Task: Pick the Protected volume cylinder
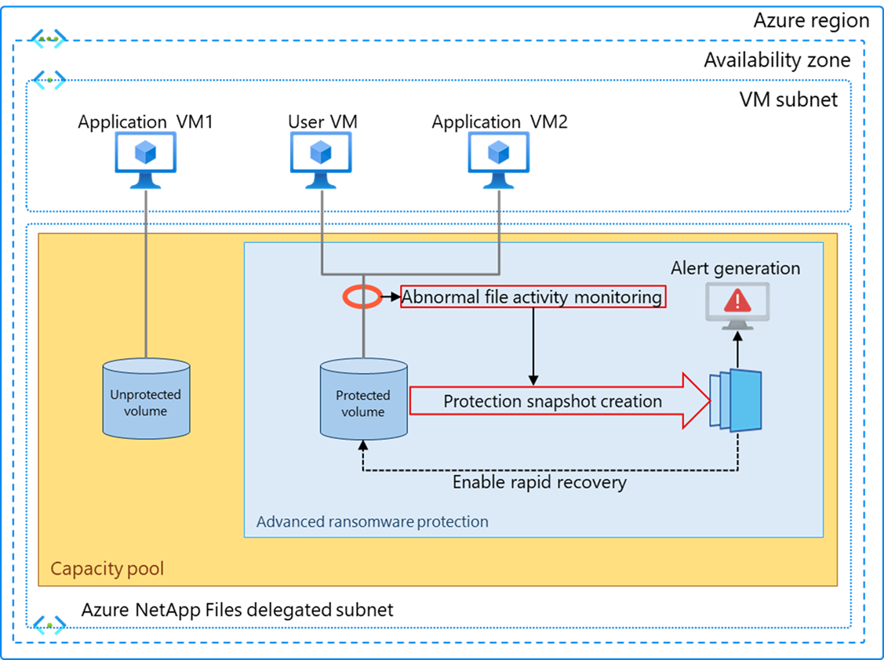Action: click(x=363, y=400)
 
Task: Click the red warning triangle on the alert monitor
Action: click(x=736, y=300)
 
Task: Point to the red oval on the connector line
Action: click(x=362, y=296)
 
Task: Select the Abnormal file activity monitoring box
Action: click(x=533, y=297)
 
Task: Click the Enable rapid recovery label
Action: click(x=540, y=481)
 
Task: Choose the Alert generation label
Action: click(x=735, y=268)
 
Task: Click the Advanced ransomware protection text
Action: click(x=373, y=521)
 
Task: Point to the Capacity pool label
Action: click(x=107, y=568)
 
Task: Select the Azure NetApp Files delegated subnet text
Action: click(x=238, y=609)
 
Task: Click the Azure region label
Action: click(x=811, y=20)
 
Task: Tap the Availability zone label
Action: click(x=777, y=60)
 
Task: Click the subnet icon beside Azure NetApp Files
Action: click(x=49, y=624)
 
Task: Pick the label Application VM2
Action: click(x=500, y=122)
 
